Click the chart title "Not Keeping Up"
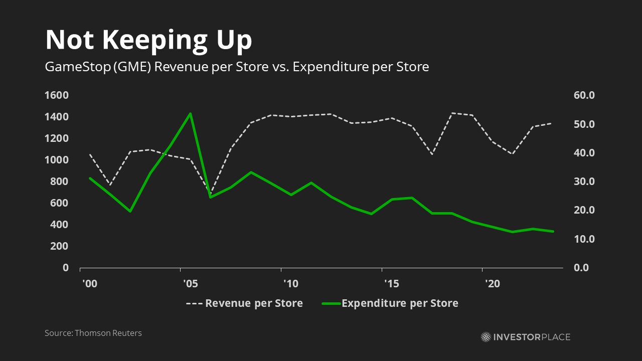[148, 40]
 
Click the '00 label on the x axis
[89, 284]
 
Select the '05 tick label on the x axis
[190, 284]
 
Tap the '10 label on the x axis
[290, 284]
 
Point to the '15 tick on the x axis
[391, 284]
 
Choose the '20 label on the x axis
[492, 284]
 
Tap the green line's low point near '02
[130, 211]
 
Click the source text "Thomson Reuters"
[108, 333]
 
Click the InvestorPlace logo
[525, 337]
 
